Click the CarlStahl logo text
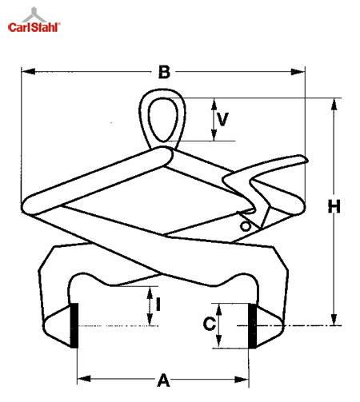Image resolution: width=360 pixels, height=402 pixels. pyautogui.click(x=34, y=27)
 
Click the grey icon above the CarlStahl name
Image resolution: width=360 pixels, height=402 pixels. pyautogui.click(x=34, y=14)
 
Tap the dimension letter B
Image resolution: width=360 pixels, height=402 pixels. pyautogui.click(x=164, y=72)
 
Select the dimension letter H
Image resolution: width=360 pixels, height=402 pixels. pyautogui.click(x=334, y=206)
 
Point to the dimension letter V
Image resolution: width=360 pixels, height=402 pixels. pyautogui.click(x=222, y=119)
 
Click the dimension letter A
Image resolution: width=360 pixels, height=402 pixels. pyautogui.click(x=163, y=380)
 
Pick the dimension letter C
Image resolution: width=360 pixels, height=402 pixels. pyautogui.click(x=210, y=324)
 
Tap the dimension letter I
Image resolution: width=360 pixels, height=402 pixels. pyautogui.click(x=158, y=304)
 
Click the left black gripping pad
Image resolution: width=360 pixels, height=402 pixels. pyautogui.click(x=74, y=325)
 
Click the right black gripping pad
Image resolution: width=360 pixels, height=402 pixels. pyautogui.click(x=252, y=326)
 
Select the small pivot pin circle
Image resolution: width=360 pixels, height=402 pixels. pyautogui.click(x=246, y=226)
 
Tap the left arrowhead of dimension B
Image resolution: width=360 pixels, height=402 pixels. pyautogui.click(x=28, y=71)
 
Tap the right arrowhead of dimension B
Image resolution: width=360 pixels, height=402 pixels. pyautogui.click(x=298, y=72)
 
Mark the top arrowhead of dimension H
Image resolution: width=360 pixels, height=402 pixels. pyautogui.click(x=334, y=105)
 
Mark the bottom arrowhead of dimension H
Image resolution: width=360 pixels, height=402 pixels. pyautogui.click(x=334, y=319)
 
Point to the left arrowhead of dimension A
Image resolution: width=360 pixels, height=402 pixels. pyautogui.click(x=84, y=379)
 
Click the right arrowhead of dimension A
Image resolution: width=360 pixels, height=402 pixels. pyautogui.click(x=242, y=379)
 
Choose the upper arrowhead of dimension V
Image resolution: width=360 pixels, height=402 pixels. pyautogui.click(x=214, y=105)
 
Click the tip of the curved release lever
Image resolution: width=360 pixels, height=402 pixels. pyautogui.click(x=307, y=161)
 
